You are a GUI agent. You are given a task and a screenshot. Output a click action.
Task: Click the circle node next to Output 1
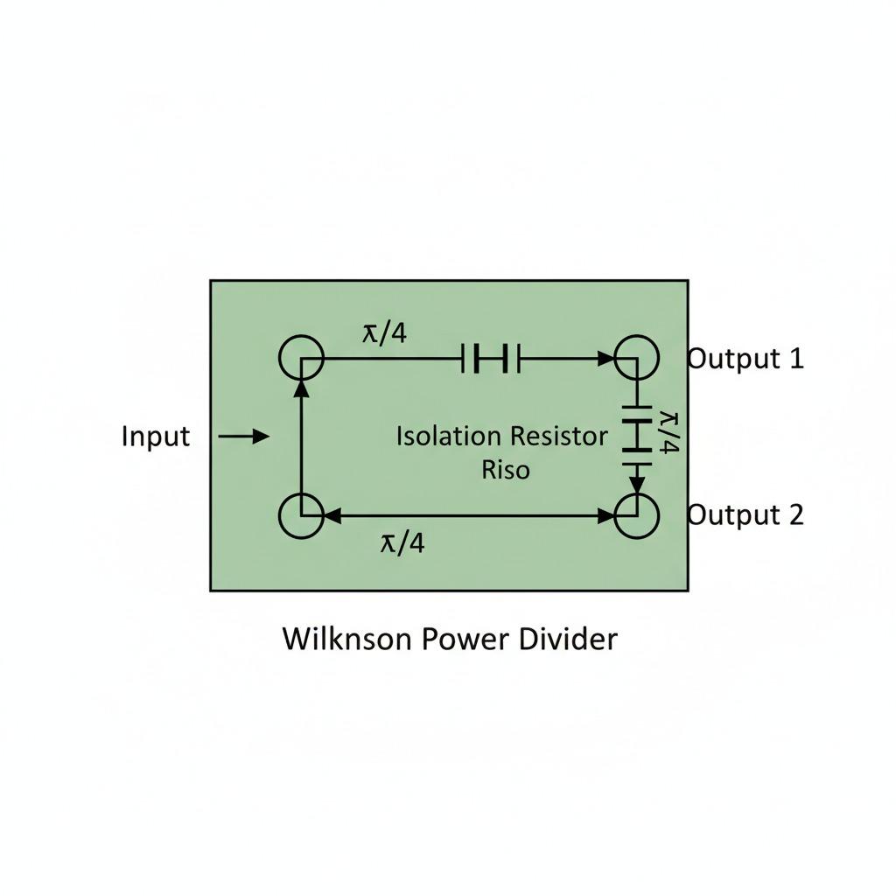click(637, 358)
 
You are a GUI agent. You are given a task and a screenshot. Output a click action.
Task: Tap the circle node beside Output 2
click(637, 515)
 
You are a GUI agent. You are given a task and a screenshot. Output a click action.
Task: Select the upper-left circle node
click(301, 358)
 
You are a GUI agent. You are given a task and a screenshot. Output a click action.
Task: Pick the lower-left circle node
click(301, 515)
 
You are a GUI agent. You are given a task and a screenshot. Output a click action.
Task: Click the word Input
click(156, 436)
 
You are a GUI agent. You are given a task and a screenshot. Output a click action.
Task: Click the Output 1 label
click(745, 358)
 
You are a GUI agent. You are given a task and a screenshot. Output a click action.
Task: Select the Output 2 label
click(745, 514)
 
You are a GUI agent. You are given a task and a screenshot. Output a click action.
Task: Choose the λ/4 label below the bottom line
click(402, 543)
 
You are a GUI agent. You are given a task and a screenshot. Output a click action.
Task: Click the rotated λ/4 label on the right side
click(669, 432)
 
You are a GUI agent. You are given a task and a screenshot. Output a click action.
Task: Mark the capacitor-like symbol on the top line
click(490, 358)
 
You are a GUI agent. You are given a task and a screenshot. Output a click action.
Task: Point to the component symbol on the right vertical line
click(637, 434)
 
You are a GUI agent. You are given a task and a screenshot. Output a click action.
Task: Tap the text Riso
click(506, 470)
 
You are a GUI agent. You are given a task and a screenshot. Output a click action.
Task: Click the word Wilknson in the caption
click(346, 639)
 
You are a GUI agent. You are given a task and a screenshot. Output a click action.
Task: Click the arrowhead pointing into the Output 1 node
click(606, 358)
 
